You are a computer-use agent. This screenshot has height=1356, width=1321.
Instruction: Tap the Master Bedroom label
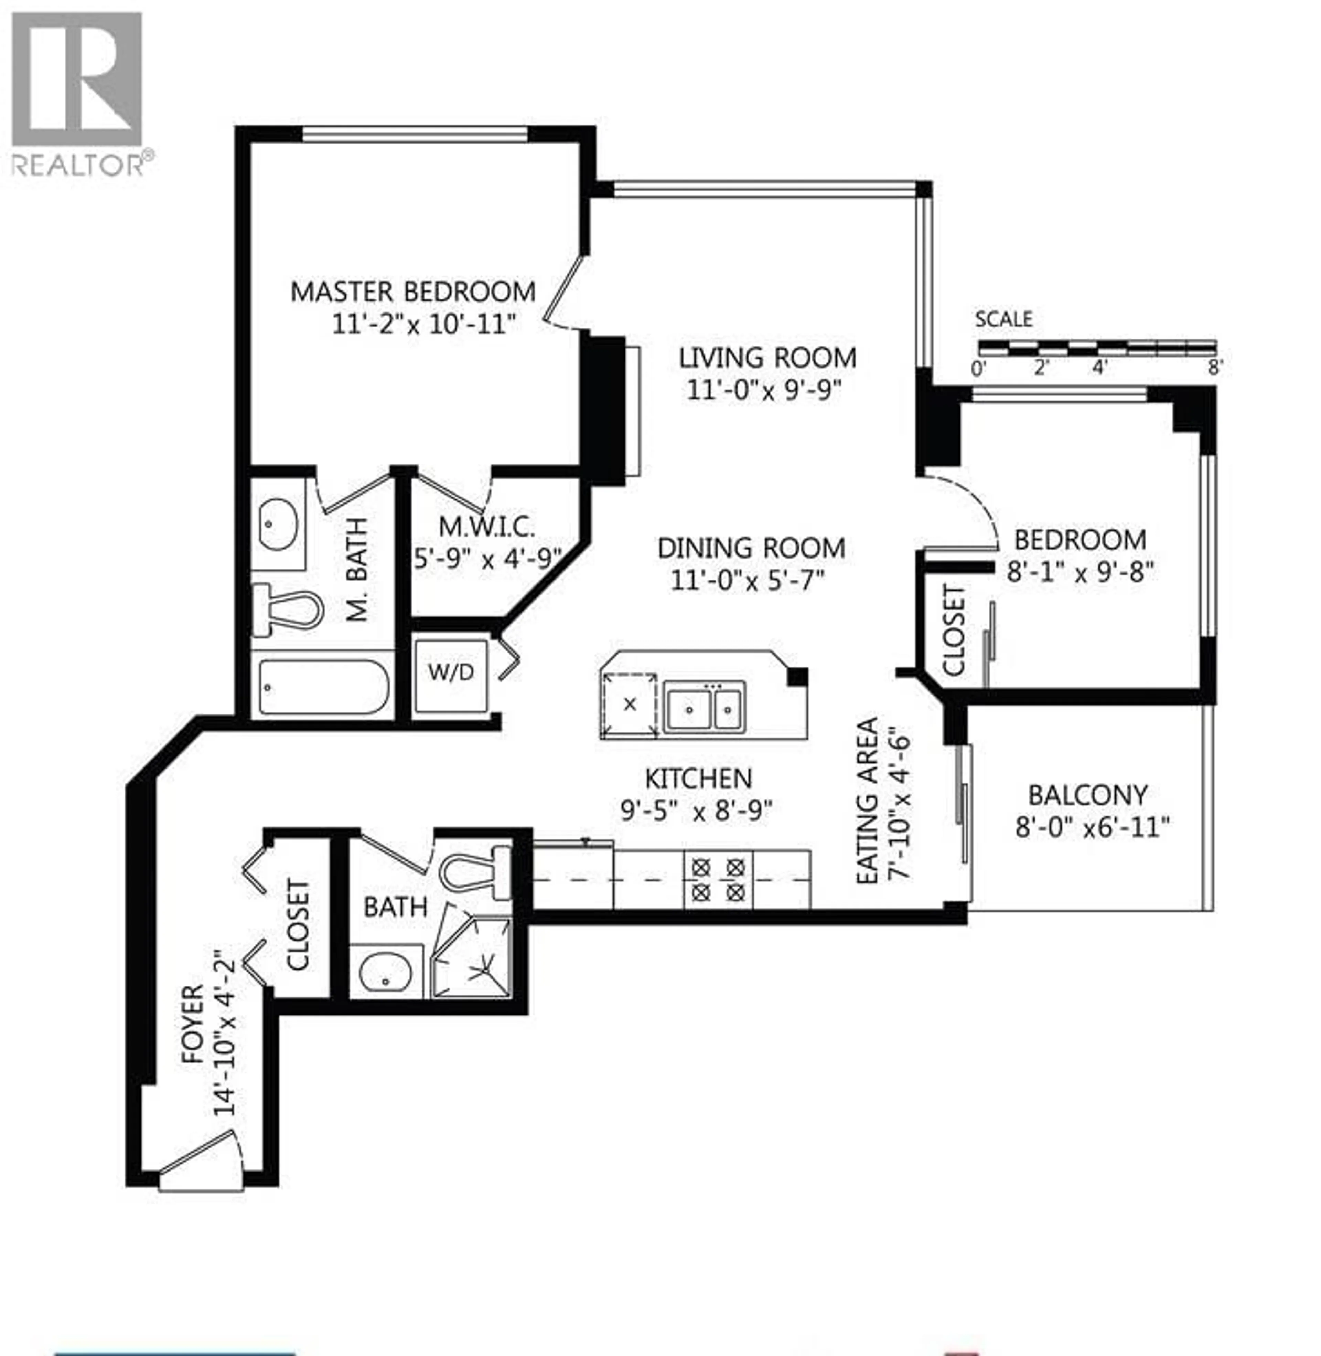point(413,292)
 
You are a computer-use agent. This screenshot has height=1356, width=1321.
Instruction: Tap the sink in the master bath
point(278,524)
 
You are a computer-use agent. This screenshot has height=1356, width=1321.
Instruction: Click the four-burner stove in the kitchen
point(718,879)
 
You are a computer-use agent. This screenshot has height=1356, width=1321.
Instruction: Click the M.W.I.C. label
point(487,527)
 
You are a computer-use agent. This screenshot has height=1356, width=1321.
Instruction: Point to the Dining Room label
point(751,548)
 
